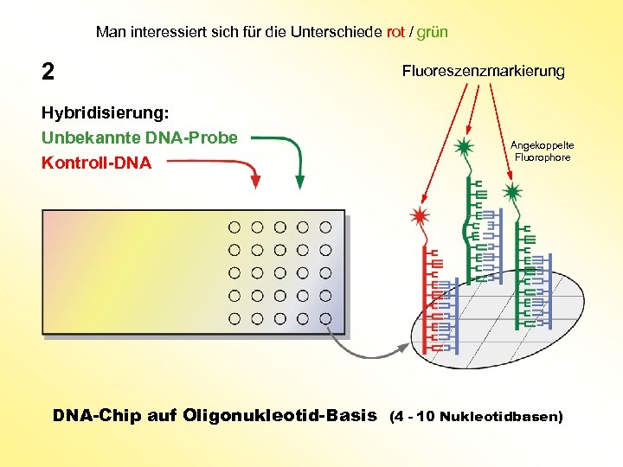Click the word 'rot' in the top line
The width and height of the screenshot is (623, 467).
tap(395, 33)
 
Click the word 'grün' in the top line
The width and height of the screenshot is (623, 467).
tap(433, 33)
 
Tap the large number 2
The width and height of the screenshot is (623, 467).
tap(48, 72)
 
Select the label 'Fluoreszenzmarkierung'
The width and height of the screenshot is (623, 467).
tap(483, 71)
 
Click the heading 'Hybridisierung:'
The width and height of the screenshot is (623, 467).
tap(105, 113)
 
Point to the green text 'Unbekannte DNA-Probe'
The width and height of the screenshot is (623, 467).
tap(139, 138)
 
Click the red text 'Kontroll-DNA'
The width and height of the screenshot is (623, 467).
tap(96, 163)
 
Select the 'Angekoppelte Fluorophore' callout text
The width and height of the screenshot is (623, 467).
tap(542, 151)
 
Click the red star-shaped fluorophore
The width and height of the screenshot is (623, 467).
tap(421, 215)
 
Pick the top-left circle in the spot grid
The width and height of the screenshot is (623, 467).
tap(234, 227)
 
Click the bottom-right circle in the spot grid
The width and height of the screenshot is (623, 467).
tap(325, 318)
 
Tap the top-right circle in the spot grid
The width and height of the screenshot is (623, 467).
tap(325, 227)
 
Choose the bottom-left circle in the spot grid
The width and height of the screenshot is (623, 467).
tap(234, 318)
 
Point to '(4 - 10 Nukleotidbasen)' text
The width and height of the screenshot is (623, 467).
tap(476, 416)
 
